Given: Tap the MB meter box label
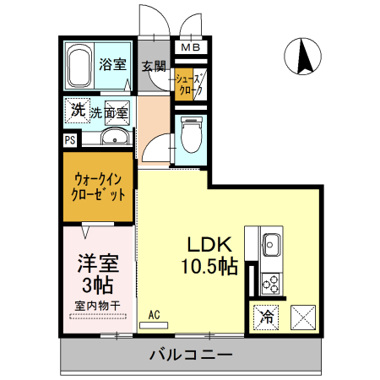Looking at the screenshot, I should pos(190,48).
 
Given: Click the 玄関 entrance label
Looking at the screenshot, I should pos(153,66).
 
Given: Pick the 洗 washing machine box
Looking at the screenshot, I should pos(77,110).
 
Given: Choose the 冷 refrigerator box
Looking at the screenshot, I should pos(266,318).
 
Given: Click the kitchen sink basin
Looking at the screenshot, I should pos(272,246).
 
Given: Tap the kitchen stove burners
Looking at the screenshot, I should pos(272,280).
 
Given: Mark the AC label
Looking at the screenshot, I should pos(154,315).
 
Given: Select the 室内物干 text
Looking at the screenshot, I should pos(96,306).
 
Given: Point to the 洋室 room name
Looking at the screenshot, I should pos(96,262).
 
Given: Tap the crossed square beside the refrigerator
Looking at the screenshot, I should pos(302,318).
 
